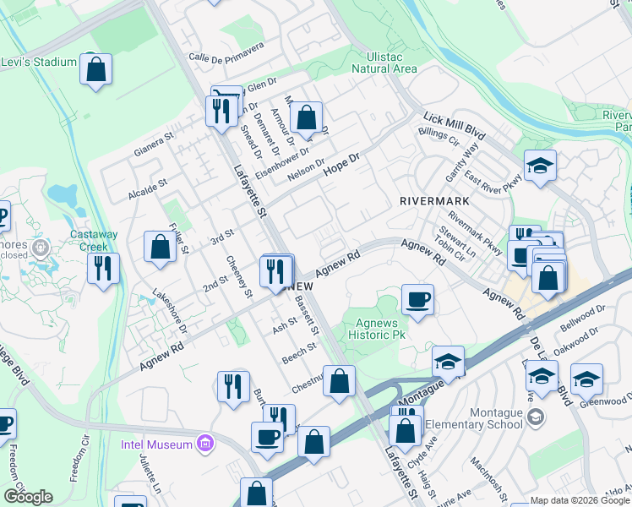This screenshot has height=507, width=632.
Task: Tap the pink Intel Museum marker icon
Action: (x=203, y=442)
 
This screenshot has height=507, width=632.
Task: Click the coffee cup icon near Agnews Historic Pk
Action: (x=417, y=299)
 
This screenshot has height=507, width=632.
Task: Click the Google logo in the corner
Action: (x=28, y=496)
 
